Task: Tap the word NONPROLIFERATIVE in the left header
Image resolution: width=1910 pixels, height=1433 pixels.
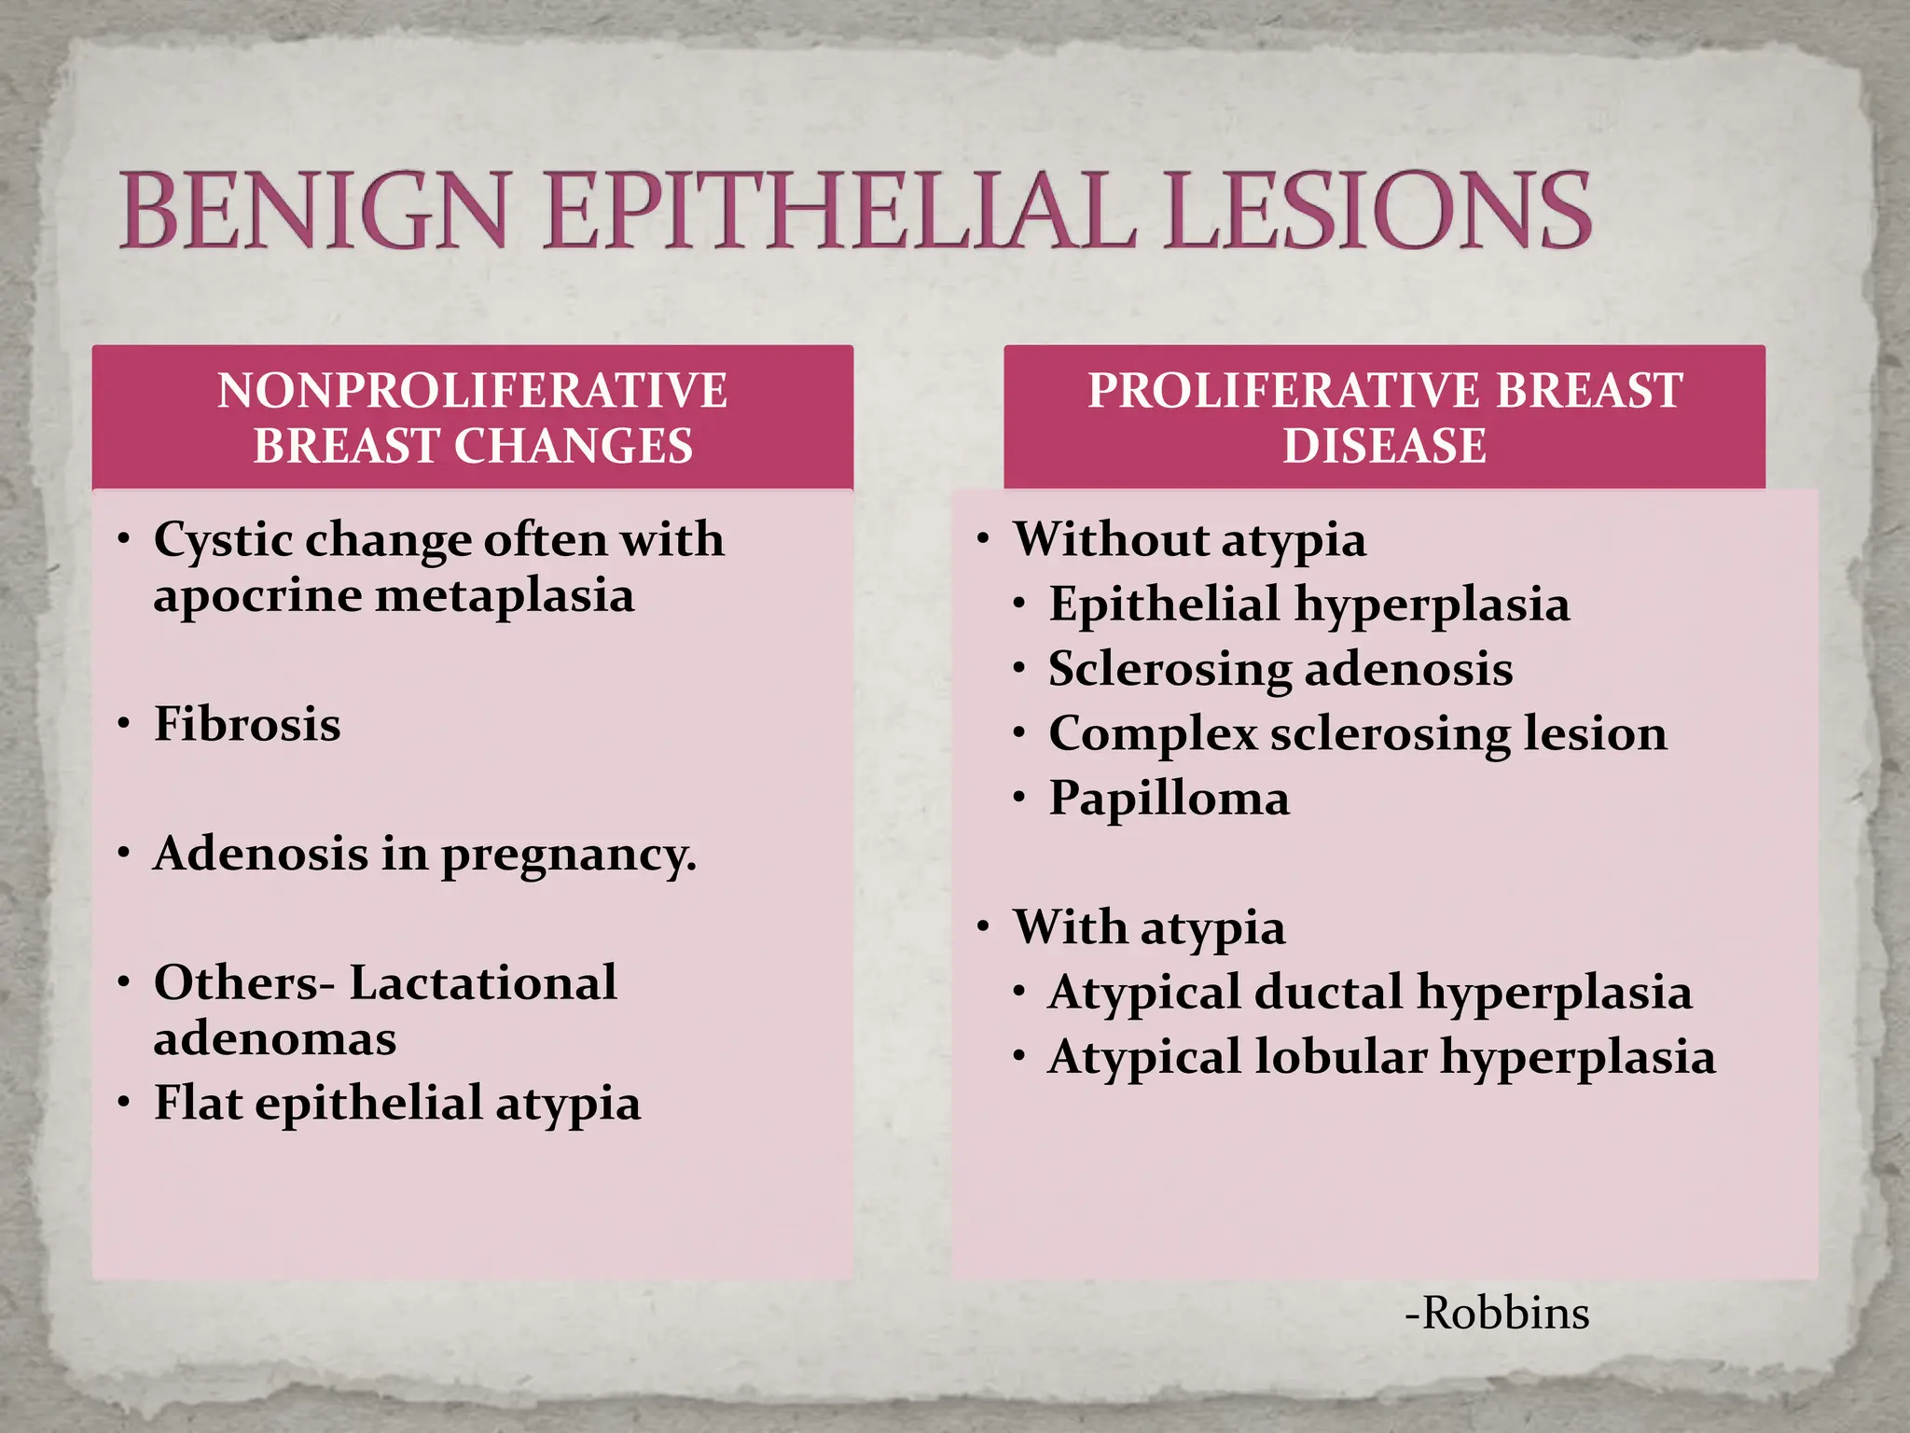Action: point(472,390)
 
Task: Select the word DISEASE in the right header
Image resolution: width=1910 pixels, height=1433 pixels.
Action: point(1384,445)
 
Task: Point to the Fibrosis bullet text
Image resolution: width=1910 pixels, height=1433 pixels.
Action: point(247,724)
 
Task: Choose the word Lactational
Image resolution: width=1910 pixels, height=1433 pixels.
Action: point(483,982)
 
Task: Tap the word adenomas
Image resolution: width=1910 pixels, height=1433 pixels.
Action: point(275,1038)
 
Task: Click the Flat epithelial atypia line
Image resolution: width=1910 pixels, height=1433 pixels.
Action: point(397,1103)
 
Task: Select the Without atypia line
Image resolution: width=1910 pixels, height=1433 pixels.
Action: point(1190,540)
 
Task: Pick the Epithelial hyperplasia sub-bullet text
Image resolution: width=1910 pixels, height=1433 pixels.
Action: point(1309,605)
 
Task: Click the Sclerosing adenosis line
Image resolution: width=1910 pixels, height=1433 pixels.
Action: point(1280,669)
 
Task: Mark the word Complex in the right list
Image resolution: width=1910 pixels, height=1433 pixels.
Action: point(1153,734)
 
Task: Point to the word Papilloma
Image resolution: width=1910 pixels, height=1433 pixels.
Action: point(1170,799)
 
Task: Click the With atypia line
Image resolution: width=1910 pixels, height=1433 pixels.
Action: point(1150,927)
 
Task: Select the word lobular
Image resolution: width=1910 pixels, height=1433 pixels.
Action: point(1340,1057)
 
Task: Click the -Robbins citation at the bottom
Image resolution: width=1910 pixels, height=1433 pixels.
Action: point(1497,1314)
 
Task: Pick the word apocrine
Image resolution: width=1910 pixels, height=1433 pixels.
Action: point(257,595)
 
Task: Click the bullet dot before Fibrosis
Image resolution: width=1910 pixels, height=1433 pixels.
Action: point(124,724)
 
